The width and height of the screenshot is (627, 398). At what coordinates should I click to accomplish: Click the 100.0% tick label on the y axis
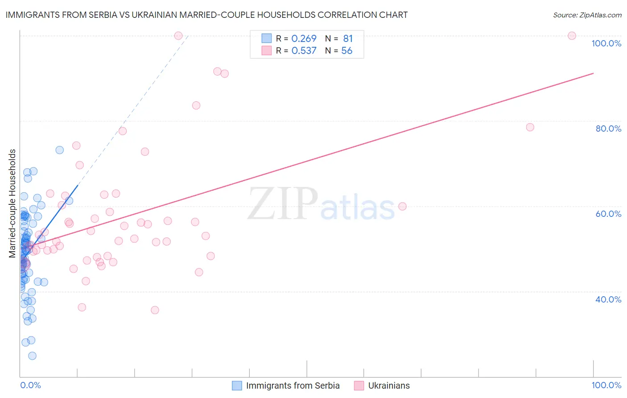[606, 43]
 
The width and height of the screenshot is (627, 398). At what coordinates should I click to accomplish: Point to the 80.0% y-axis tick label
[608, 129]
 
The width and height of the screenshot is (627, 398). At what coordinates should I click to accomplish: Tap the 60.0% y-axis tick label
[608, 214]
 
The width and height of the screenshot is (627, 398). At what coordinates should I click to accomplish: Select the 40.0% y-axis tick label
[608, 299]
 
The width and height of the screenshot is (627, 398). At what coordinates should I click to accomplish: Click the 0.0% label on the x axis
[30, 385]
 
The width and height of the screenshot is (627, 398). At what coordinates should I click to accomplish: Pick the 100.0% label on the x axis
[606, 385]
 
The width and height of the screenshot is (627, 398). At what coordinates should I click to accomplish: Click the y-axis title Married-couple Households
[12, 203]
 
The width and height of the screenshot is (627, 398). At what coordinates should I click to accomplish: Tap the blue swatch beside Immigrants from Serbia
[237, 386]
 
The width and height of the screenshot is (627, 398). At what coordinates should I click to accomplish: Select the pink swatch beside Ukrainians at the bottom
[359, 386]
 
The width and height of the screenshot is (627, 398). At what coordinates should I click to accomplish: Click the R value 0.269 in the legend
[304, 39]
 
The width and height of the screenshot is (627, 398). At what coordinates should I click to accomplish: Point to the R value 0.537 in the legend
[304, 51]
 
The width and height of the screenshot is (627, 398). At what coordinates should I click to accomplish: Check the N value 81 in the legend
[348, 39]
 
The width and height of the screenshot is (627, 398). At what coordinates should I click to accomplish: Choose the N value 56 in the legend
[347, 51]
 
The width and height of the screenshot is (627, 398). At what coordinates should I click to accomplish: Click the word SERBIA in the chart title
[102, 15]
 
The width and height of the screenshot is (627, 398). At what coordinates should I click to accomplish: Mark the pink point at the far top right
[572, 36]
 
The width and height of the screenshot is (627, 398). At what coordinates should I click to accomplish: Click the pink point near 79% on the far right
[530, 127]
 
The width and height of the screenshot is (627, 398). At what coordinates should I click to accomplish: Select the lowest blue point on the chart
[32, 356]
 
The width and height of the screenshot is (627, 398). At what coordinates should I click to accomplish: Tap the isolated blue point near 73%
[59, 150]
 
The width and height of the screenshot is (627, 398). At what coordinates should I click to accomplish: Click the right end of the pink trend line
[593, 73]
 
